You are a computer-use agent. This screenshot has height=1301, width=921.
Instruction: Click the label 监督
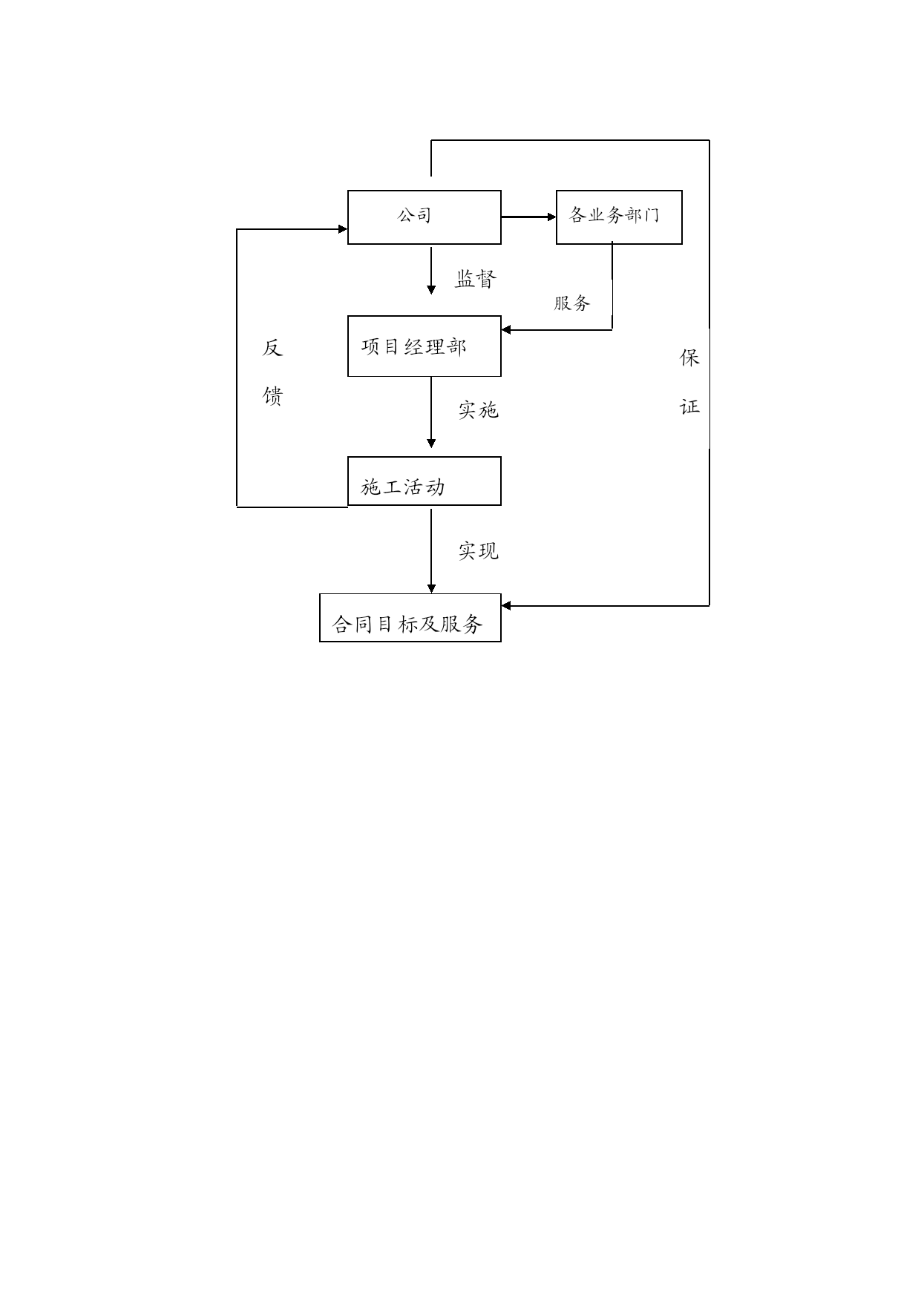tap(476, 279)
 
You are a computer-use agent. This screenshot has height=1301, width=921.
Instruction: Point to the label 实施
tap(478, 409)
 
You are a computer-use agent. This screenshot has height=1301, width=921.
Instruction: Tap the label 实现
tap(478, 550)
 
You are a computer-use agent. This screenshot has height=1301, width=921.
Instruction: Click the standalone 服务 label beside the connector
tap(572, 303)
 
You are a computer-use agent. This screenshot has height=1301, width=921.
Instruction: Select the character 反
tap(272, 348)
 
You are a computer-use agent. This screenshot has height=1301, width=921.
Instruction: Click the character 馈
tap(272, 396)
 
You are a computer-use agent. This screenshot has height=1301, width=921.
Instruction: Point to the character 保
tap(689, 358)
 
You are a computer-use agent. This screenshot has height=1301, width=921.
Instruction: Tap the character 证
tap(689, 406)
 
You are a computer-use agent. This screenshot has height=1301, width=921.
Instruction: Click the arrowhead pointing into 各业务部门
tap(551, 217)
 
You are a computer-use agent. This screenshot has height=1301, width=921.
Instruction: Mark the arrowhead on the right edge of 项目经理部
tap(506, 330)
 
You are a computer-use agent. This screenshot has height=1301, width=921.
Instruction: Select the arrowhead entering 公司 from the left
tap(343, 229)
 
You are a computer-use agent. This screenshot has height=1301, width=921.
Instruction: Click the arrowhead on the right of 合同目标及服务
tap(506, 606)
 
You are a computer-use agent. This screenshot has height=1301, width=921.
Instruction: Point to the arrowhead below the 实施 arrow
tap(431, 444)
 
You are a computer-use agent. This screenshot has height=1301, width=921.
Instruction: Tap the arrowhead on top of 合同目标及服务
tap(431, 589)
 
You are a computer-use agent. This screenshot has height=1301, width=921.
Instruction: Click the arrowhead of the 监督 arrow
tap(431, 290)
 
